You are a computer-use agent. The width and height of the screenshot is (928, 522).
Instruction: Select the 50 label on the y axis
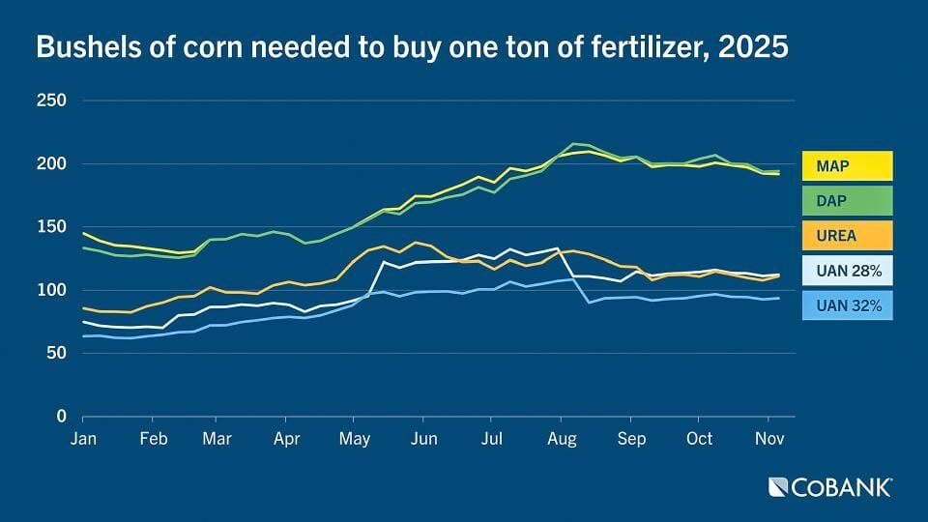56,353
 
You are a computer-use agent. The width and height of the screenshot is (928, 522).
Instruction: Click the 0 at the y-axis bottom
61,417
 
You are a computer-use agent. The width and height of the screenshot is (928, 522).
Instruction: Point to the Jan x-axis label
83,439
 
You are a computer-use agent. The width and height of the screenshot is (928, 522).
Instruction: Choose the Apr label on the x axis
286,439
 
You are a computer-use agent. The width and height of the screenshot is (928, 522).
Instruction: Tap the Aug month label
562,439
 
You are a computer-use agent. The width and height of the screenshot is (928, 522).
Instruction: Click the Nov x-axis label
768,439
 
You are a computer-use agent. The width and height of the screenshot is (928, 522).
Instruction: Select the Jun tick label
423,439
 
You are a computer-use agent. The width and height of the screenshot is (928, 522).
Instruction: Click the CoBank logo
829,487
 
